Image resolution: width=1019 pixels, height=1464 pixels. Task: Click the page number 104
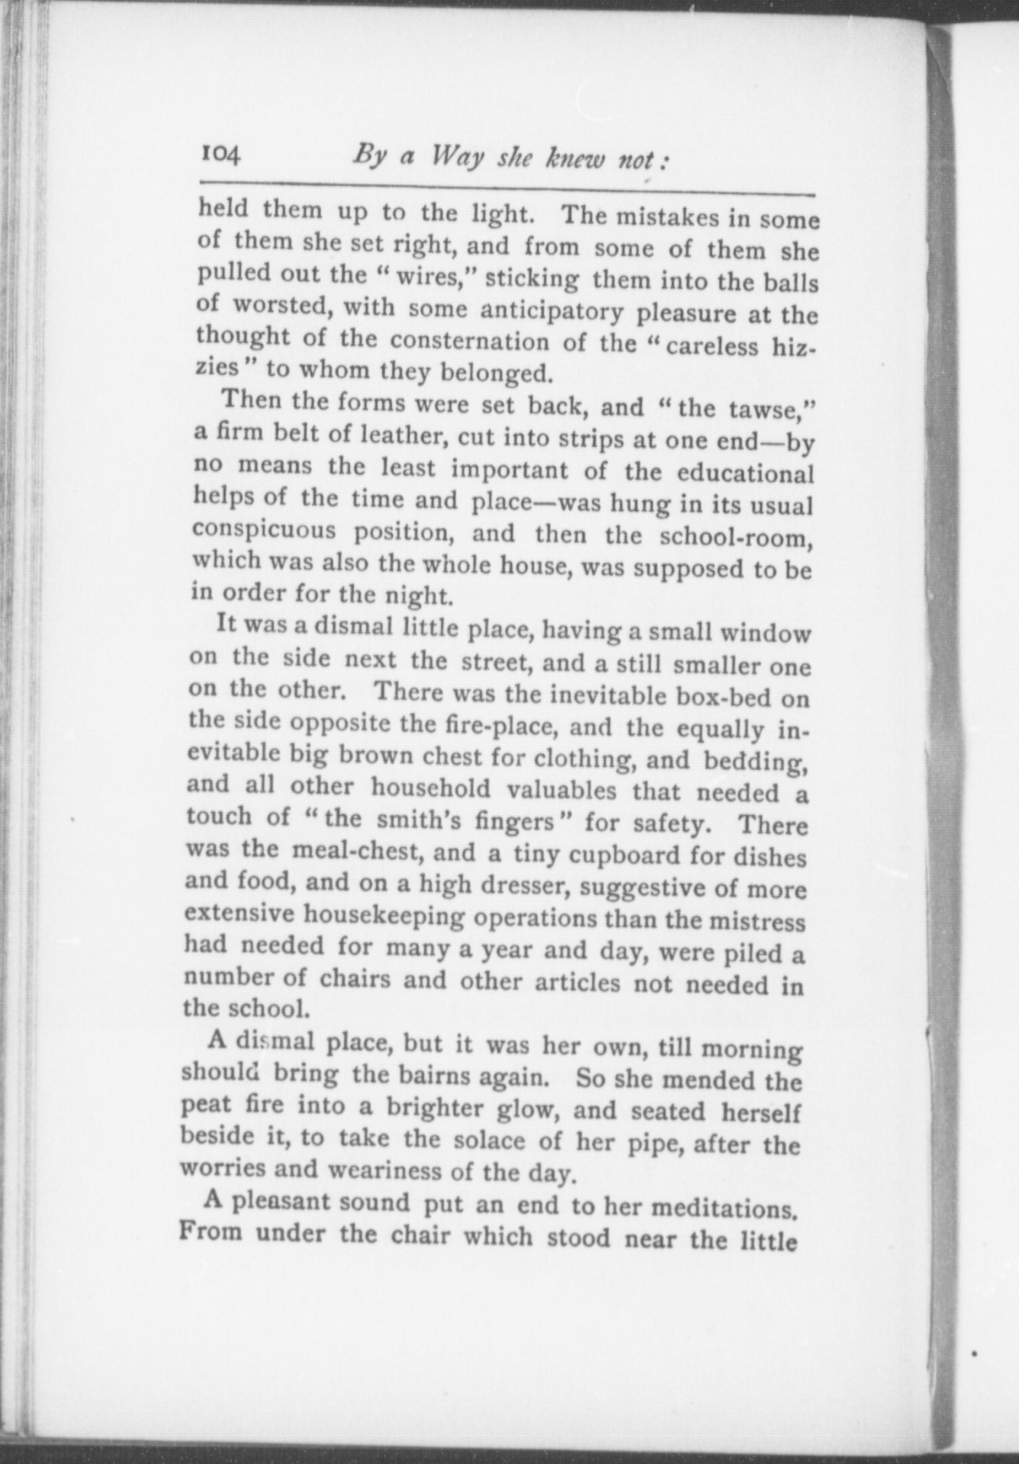(220, 155)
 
